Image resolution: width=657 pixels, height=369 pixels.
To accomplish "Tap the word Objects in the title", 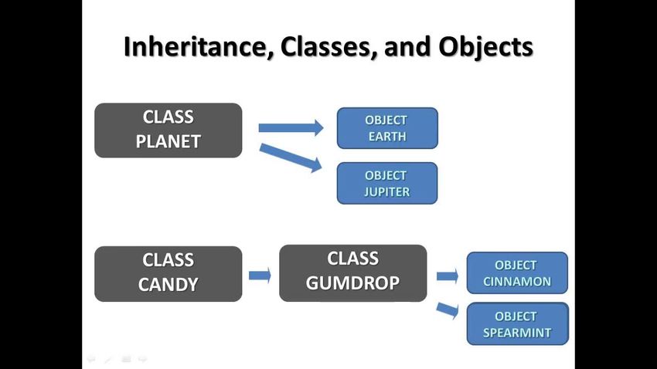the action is [486, 47].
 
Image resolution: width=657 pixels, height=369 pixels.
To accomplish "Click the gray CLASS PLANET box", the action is [169, 130].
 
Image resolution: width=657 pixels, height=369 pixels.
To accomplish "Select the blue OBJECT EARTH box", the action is [387, 128].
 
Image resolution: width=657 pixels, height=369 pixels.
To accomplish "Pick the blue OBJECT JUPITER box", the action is [387, 183].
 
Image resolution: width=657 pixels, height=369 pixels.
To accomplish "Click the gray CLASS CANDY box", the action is [169, 273].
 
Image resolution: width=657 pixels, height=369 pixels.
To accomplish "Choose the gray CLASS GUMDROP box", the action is [353, 273].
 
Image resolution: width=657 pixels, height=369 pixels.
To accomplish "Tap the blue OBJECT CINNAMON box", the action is [517, 273].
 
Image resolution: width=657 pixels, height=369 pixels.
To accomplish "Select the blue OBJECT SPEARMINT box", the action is [518, 323].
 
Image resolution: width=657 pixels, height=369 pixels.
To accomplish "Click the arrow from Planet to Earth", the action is [291, 127].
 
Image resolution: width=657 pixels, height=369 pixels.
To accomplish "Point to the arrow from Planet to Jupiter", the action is [291, 157].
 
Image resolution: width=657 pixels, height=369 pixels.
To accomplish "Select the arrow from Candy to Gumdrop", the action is [260, 276].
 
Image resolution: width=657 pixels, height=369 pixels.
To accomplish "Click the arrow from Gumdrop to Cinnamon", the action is [447, 276].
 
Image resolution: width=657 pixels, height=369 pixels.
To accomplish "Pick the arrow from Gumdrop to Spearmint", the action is [447, 310].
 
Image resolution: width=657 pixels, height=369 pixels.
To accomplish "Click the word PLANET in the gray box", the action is [169, 141].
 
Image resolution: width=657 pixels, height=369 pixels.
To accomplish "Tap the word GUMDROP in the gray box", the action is [352, 283].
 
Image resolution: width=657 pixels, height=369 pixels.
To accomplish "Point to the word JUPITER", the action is [387, 191].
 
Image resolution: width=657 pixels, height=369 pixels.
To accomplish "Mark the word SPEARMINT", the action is [517, 333].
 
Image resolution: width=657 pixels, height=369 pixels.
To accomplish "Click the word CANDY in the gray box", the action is [168, 285].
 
